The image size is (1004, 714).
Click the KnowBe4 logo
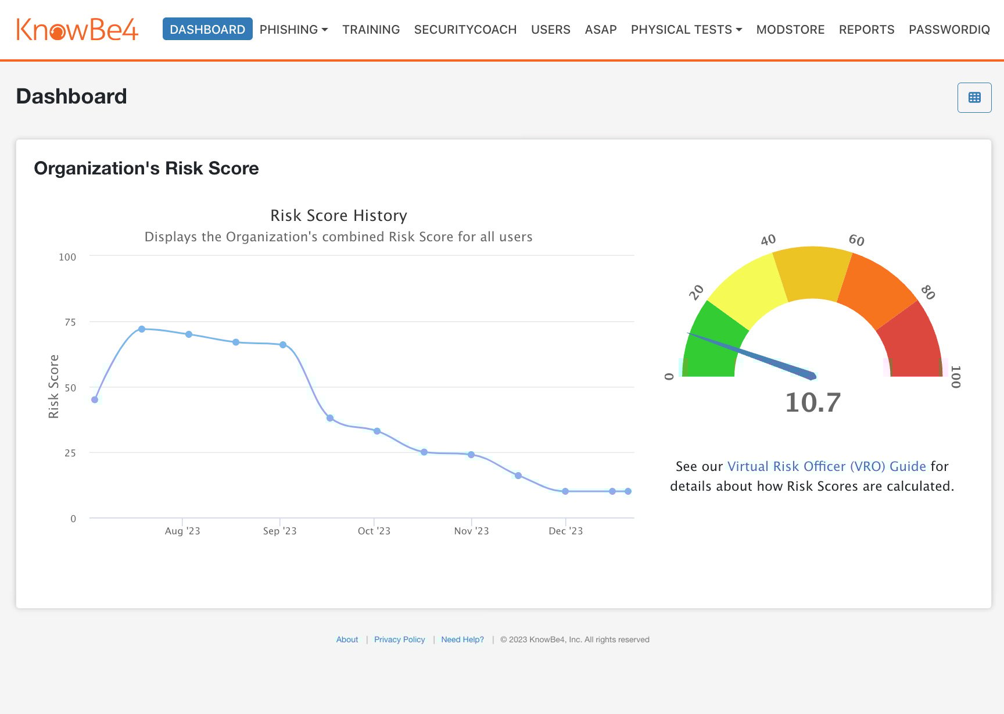point(77,30)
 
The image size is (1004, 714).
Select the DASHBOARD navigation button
point(207,29)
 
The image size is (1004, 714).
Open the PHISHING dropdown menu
point(293,30)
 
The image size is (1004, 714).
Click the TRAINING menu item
point(371,30)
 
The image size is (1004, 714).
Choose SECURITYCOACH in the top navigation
point(465,30)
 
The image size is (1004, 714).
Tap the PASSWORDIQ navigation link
point(949,30)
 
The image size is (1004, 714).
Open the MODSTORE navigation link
point(790,30)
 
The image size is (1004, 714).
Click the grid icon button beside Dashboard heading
point(974,98)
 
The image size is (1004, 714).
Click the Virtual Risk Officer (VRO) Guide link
point(826,466)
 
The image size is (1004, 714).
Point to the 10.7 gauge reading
point(813,402)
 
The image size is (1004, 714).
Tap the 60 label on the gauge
point(856,240)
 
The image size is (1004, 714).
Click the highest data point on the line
point(142,329)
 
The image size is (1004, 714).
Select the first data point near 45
point(95,400)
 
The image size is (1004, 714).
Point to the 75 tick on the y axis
point(70,322)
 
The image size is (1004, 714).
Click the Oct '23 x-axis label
point(374,531)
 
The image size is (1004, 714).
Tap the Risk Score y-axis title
point(53,386)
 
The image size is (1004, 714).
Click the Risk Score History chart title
point(339,216)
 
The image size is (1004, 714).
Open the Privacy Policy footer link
point(399,640)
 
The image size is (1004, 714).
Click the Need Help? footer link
point(462,640)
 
